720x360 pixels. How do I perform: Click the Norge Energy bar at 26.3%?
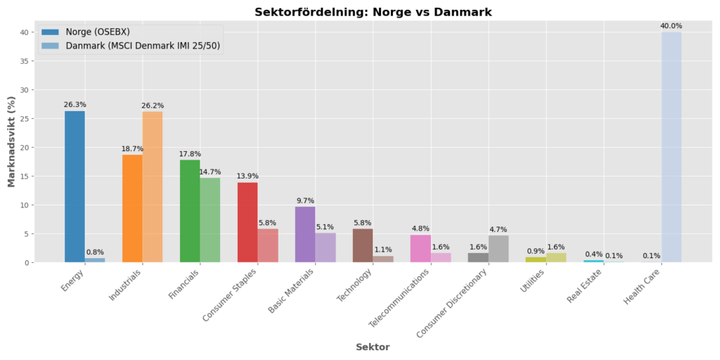(x=75, y=186)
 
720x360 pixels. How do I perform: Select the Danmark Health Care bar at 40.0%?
(x=671, y=147)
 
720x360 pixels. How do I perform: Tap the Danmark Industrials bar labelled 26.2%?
(x=153, y=187)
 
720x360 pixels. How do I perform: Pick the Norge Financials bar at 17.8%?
(x=190, y=211)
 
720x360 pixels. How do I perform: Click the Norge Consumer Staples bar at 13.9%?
(x=247, y=222)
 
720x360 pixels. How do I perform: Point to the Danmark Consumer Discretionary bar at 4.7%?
(x=499, y=249)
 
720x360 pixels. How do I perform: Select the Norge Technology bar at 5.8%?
(x=363, y=245)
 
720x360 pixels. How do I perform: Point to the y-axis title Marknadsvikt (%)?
(x=11, y=141)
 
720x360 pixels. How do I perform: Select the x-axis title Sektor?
(x=372, y=347)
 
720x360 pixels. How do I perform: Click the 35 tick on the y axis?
(x=24, y=61)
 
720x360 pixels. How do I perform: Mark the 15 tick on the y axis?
(x=24, y=176)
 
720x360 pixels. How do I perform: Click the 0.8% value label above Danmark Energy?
(x=95, y=252)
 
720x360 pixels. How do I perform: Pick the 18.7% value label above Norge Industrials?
(x=132, y=149)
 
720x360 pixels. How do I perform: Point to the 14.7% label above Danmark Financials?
(x=210, y=172)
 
